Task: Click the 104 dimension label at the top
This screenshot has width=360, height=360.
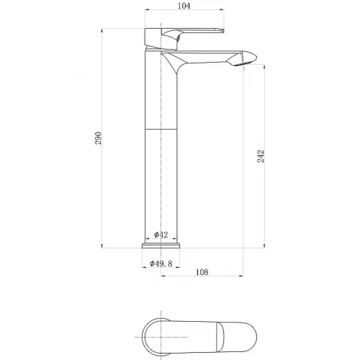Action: pos(184,6)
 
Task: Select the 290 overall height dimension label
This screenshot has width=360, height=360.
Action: pos(99,138)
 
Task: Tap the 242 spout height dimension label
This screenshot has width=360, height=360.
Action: pos(261,156)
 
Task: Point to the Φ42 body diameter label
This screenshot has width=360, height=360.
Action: pos(161,235)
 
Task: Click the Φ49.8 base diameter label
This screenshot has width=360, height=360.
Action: pos(161,264)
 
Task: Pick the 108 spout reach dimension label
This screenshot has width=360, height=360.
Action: pos(202,272)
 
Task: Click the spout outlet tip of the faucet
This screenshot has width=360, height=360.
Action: pos(243,64)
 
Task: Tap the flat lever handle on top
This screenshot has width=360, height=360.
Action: pos(192,30)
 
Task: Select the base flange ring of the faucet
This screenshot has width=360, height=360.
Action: pos(161,246)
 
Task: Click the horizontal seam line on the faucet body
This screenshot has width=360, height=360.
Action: pos(161,130)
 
